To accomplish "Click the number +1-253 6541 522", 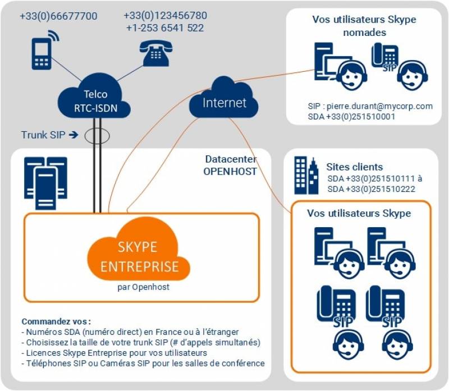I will [165, 27].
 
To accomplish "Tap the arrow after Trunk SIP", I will [73, 135].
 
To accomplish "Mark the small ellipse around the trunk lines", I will [97, 135].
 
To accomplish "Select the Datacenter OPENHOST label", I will [230, 165].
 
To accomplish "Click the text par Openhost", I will [139, 287].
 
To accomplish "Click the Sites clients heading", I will [354, 167].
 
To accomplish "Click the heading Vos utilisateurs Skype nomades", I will [364, 26].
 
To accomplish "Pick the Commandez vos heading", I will [56, 321].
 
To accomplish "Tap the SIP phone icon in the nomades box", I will [385, 58].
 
